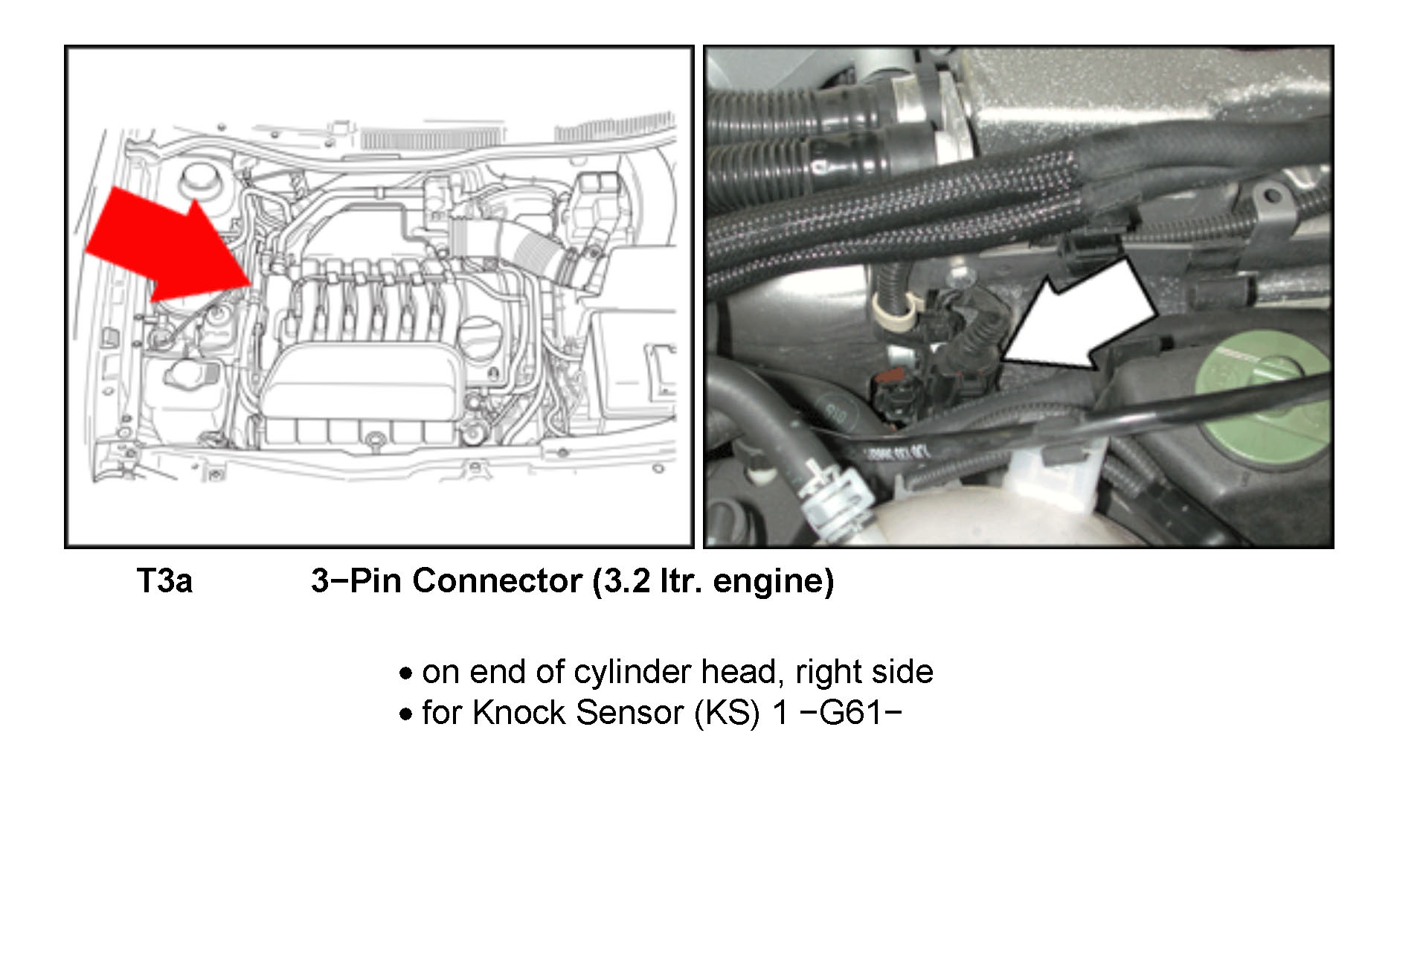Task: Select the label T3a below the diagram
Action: click(x=164, y=581)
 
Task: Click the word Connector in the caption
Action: click(x=497, y=581)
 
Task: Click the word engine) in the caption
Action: click(x=773, y=581)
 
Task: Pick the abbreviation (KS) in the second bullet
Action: click(x=727, y=713)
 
